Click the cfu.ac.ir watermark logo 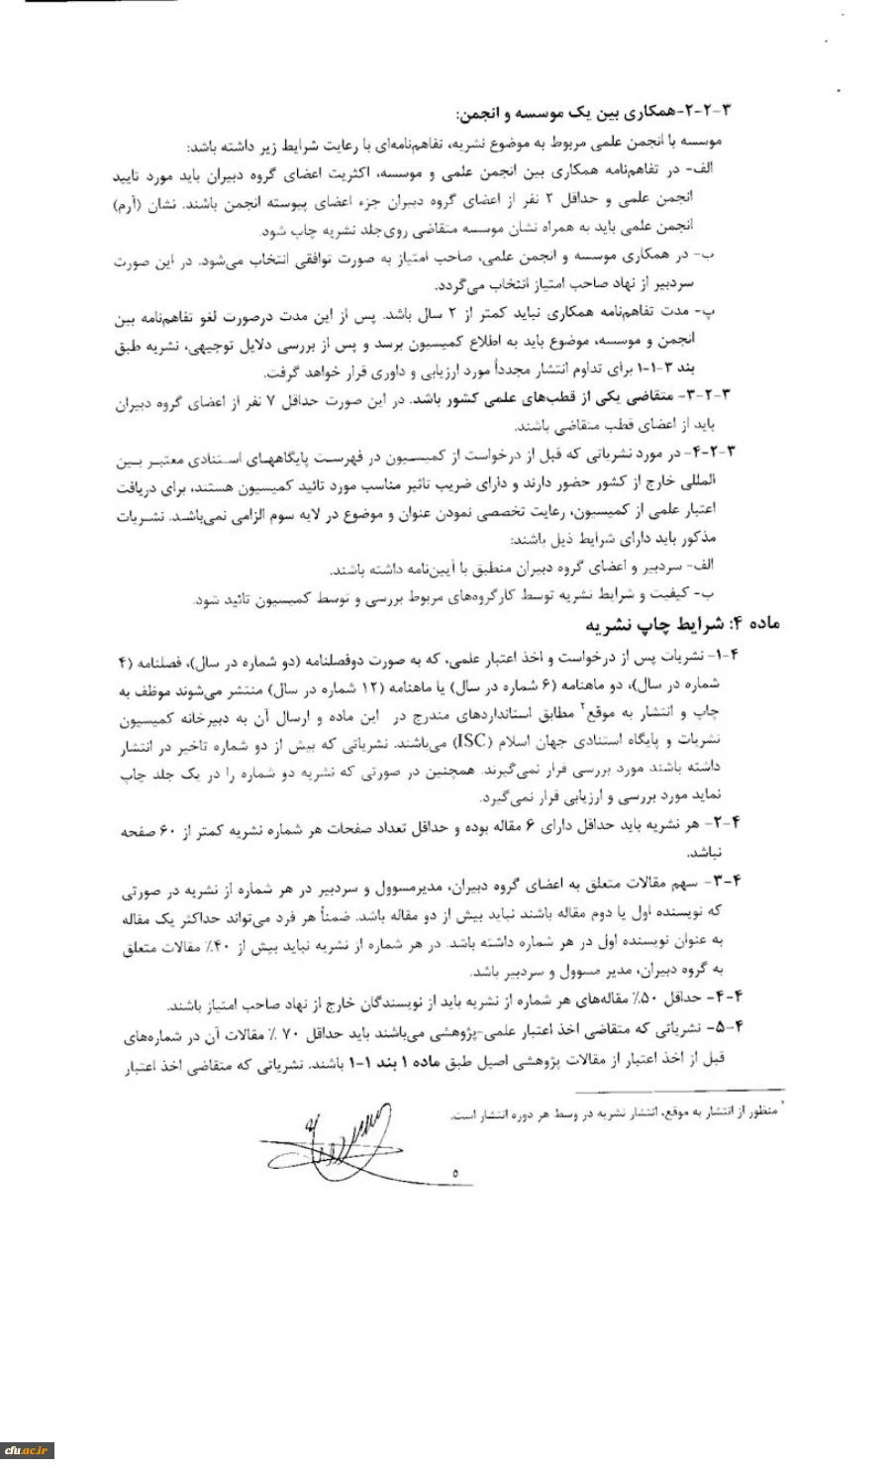coord(27,1452)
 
